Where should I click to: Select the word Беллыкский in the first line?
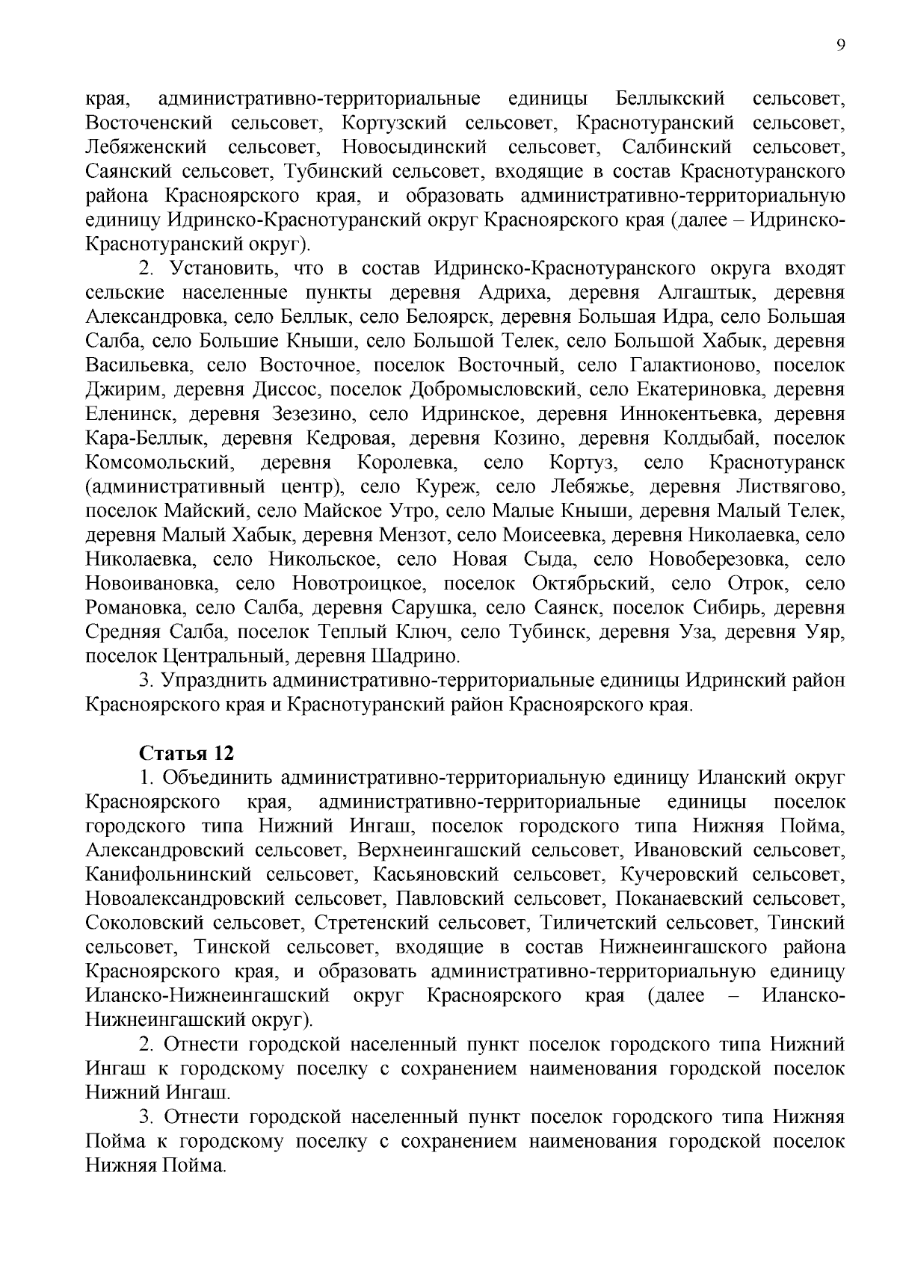[671, 99]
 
